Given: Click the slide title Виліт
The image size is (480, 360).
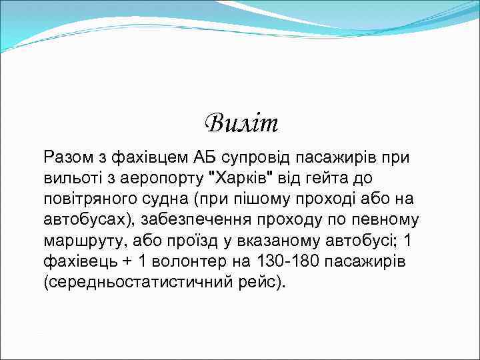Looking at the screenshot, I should (x=241, y=123).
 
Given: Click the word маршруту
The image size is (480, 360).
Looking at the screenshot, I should (x=79, y=240).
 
